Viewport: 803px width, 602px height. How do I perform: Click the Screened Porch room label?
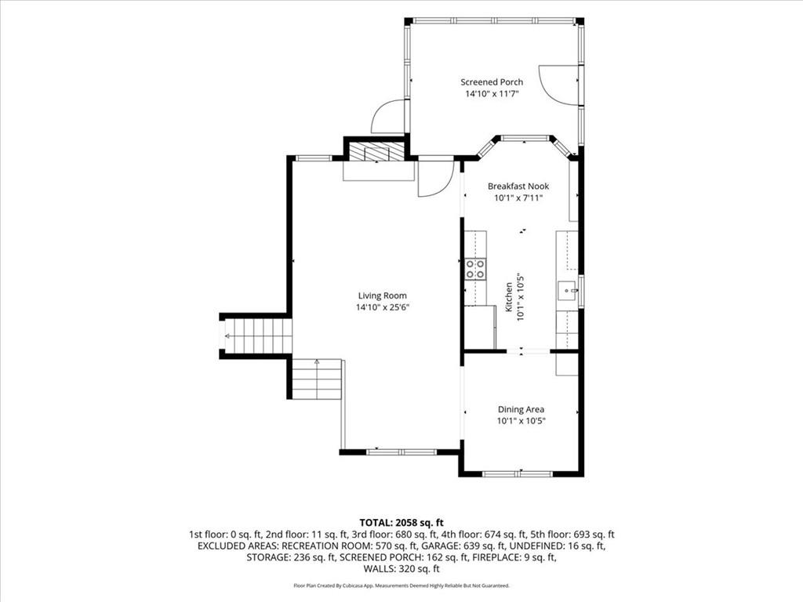(x=492, y=82)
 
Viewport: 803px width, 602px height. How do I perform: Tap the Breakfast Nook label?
(x=518, y=187)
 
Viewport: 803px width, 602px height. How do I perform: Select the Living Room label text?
(x=383, y=296)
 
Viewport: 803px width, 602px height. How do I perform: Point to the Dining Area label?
(x=521, y=409)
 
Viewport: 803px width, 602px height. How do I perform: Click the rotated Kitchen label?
(x=509, y=297)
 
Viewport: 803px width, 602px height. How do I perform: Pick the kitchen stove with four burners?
(x=476, y=270)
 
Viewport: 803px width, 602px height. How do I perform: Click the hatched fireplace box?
(x=377, y=152)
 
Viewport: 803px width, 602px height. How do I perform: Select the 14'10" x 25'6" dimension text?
(x=383, y=307)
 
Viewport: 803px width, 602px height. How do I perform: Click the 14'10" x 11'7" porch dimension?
(x=492, y=94)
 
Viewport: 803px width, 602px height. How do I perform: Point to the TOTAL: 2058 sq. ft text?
(x=401, y=523)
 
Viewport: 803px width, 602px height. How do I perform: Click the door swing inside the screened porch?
(x=559, y=85)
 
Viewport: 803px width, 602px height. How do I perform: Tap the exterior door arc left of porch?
(x=388, y=116)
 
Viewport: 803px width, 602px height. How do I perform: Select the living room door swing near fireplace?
(x=436, y=179)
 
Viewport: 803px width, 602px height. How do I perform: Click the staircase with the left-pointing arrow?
(x=256, y=336)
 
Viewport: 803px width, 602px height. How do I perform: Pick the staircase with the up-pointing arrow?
(x=317, y=379)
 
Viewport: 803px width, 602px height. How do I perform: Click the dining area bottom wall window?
(x=518, y=474)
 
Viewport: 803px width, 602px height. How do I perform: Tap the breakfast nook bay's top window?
(x=525, y=138)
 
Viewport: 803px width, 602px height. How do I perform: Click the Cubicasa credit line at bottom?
(x=401, y=586)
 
